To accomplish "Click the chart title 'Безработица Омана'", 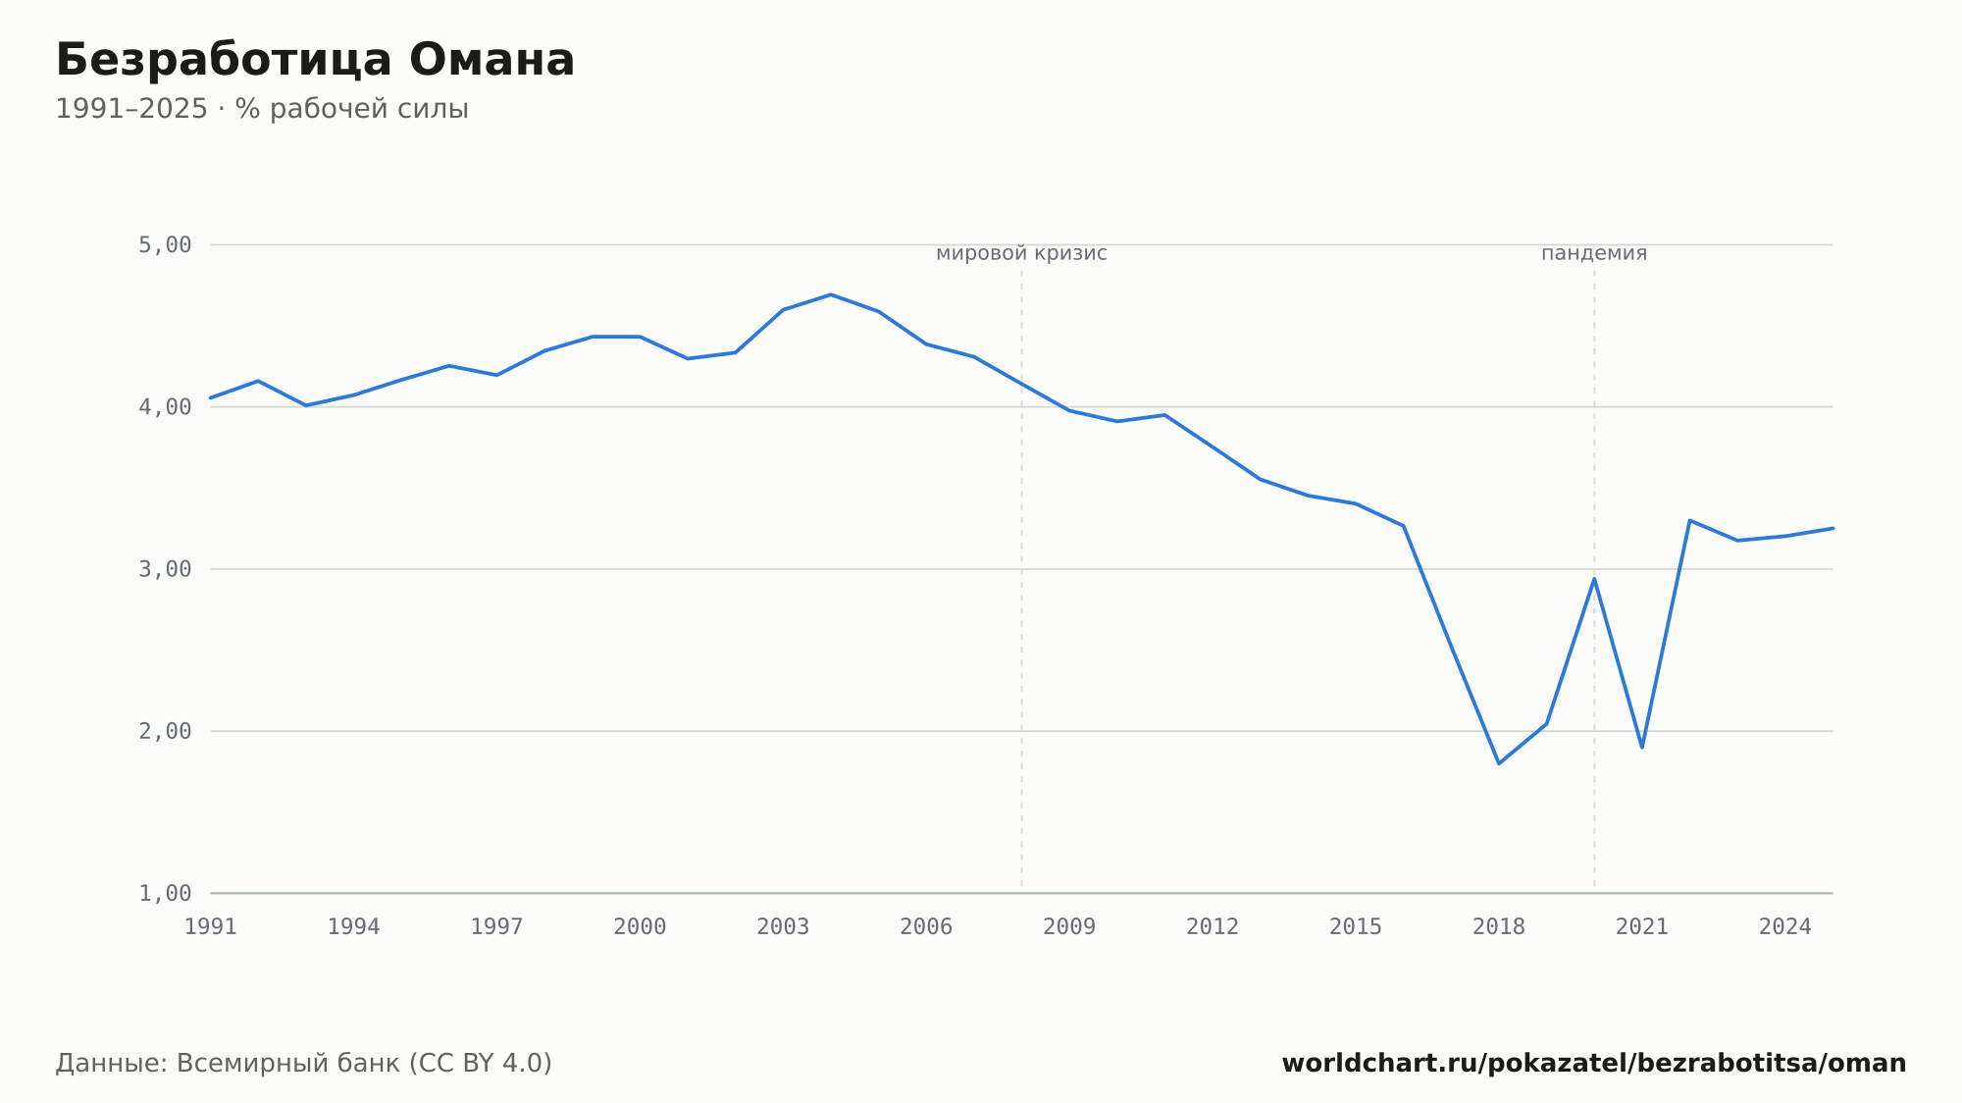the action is [x=315, y=61].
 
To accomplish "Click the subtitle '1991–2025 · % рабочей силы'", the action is [x=262, y=109].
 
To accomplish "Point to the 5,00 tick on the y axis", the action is [x=165, y=245].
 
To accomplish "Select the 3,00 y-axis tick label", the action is [x=165, y=569].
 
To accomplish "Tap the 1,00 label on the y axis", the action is [x=165, y=893].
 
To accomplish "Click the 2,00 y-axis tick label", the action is [x=165, y=731].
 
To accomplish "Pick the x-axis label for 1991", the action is [x=211, y=927].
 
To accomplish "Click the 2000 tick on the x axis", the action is [x=640, y=927].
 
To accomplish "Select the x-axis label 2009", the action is [x=1069, y=927].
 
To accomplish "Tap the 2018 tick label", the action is [x=1499, y=927].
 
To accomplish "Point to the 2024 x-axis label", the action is [x=1785, y=927].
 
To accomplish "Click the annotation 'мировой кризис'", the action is [x=1021, y=254].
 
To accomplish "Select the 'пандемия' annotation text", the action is [x=1594, y=254].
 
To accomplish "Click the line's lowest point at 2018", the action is [x=1499, y=763].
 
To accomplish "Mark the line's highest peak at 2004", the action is [x=831, y=294].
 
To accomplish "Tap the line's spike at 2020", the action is [x=1594, y=578].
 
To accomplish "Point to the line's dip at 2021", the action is [x=1642, y=748].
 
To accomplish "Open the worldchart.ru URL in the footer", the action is [x=1594, y=1064].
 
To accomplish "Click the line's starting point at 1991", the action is [x=211, y=398].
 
